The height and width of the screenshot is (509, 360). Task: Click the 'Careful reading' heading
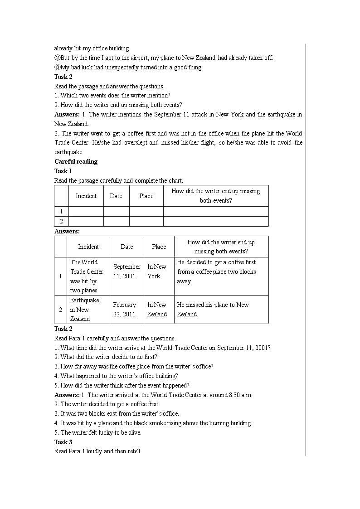click(x=76, y=162)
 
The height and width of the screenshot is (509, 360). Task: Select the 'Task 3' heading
click(x=63, y=442)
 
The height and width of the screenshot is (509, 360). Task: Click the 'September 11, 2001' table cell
click(x=127, y=271)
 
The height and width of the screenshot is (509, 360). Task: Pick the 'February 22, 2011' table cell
click(x=125, y=310)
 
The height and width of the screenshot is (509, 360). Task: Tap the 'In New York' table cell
click(x=157, y=271)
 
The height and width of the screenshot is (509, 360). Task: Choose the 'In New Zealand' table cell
click(x=157, y=310)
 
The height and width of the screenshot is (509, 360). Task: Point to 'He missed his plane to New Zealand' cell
click(x=213, y=310)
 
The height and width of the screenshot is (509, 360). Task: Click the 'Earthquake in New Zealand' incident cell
click(x=84, y=310)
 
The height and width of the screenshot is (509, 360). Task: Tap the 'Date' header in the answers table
click(x=127, y=247)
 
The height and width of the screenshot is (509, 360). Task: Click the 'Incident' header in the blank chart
click(x=86, y=196)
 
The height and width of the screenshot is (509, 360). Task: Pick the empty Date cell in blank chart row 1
click(x=116, y=211)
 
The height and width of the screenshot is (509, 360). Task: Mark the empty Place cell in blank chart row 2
click(x=146, y=221)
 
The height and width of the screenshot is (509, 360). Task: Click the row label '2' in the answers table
click(x=60, y=310)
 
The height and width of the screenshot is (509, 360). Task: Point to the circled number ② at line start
click(x=57, y=58)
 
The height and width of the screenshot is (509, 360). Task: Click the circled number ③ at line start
click(x=57, y=68)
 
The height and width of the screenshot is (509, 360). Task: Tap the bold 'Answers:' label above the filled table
click(x=67, y=232)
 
